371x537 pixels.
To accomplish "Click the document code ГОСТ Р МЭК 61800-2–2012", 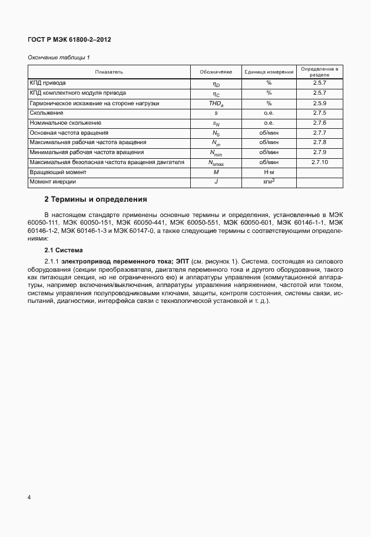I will click(x=69, y=39).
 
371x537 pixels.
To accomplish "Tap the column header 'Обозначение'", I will click(x=216, y=72).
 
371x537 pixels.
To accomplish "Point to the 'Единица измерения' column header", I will click(x=269, y=72).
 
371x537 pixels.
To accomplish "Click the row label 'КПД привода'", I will click(x=48, y=84).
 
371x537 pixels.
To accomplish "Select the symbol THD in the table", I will click(x=216, y=103).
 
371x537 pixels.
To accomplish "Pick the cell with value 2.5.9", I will click(x=320, y=103).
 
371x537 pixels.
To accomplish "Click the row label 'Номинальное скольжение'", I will click(x=65, y=123).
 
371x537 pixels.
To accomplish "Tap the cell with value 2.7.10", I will click(x=320, y=162).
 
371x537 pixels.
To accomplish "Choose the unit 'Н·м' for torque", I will click(x=269, y=172).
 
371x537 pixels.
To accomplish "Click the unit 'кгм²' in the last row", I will click(x=269, y=182).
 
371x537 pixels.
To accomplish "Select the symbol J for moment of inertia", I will click(x=216, y=182).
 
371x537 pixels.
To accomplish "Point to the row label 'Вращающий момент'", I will click(x=58, y=172).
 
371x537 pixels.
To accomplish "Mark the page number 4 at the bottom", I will click(x=29, y=498).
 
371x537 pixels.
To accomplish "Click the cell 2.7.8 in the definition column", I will click(x=320, y=142).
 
